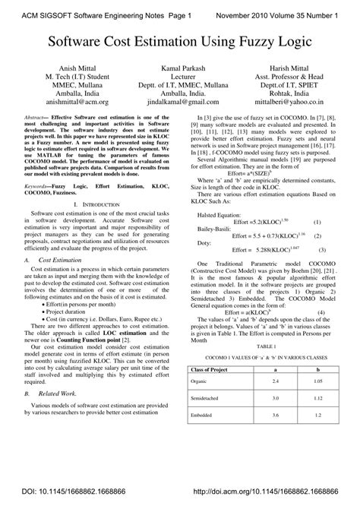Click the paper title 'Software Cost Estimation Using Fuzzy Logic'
tap(180, 42)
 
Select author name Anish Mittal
tap(62, 68)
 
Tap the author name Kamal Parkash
tap(179, 68)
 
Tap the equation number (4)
tap(321, 312)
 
